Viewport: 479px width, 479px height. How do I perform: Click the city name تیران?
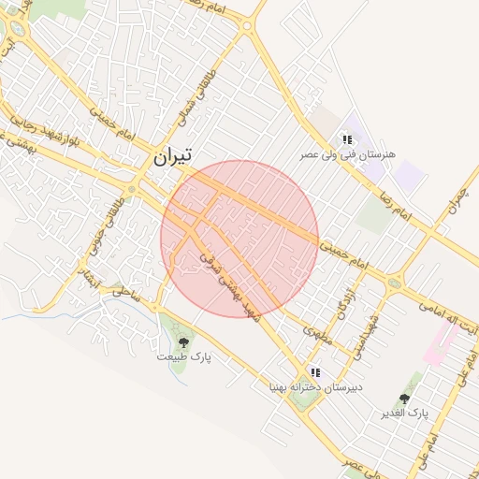[172, 157]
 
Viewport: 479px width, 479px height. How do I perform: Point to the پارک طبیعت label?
[183, 357]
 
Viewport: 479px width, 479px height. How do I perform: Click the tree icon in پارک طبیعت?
[183, 342]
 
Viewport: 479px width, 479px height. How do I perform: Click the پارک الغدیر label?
[404, 413]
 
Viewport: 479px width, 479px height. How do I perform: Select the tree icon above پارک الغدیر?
[404, 399]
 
